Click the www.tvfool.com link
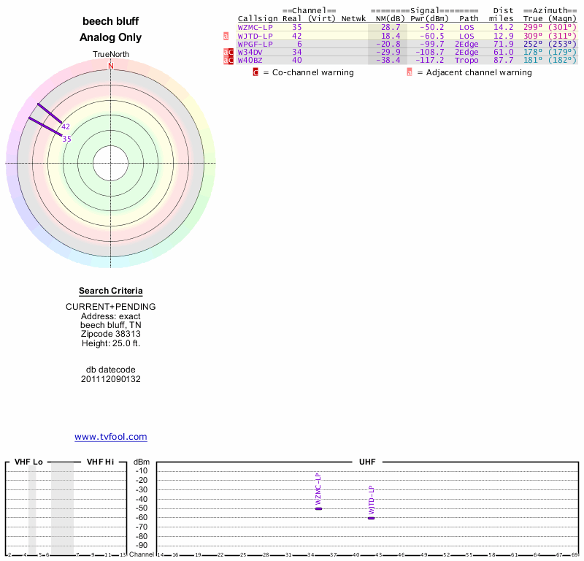pyautogui.click(x=111, y=437)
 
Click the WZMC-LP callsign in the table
pyautogui.click(x=255, y=27)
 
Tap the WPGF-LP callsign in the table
pyautogui.click(x=255, y=44)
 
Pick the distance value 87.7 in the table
pyautogui.click(x=504, y=60)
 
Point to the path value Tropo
pyautogui.click(x=466, y=60)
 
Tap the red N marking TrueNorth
pyautogui.click(x=111, y=66)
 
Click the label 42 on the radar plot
pyautogui.click(x=66, y=126)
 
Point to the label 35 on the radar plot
pyautogui.click(x=66, y=139)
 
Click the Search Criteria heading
pyautogui.click(x=111, y=291)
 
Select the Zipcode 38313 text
pyautogui.click(x=111, y=334)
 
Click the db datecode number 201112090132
pyautogui.click(x=111, y=379)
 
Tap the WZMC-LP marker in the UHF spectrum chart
pyautogui.click(x=318, y=508)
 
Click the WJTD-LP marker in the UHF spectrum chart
pyautogui.click(x=371, y=517)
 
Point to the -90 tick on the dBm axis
pyautogui.click(x=142, y=545)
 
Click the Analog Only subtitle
pyautogui.click(x=111, y=37)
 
